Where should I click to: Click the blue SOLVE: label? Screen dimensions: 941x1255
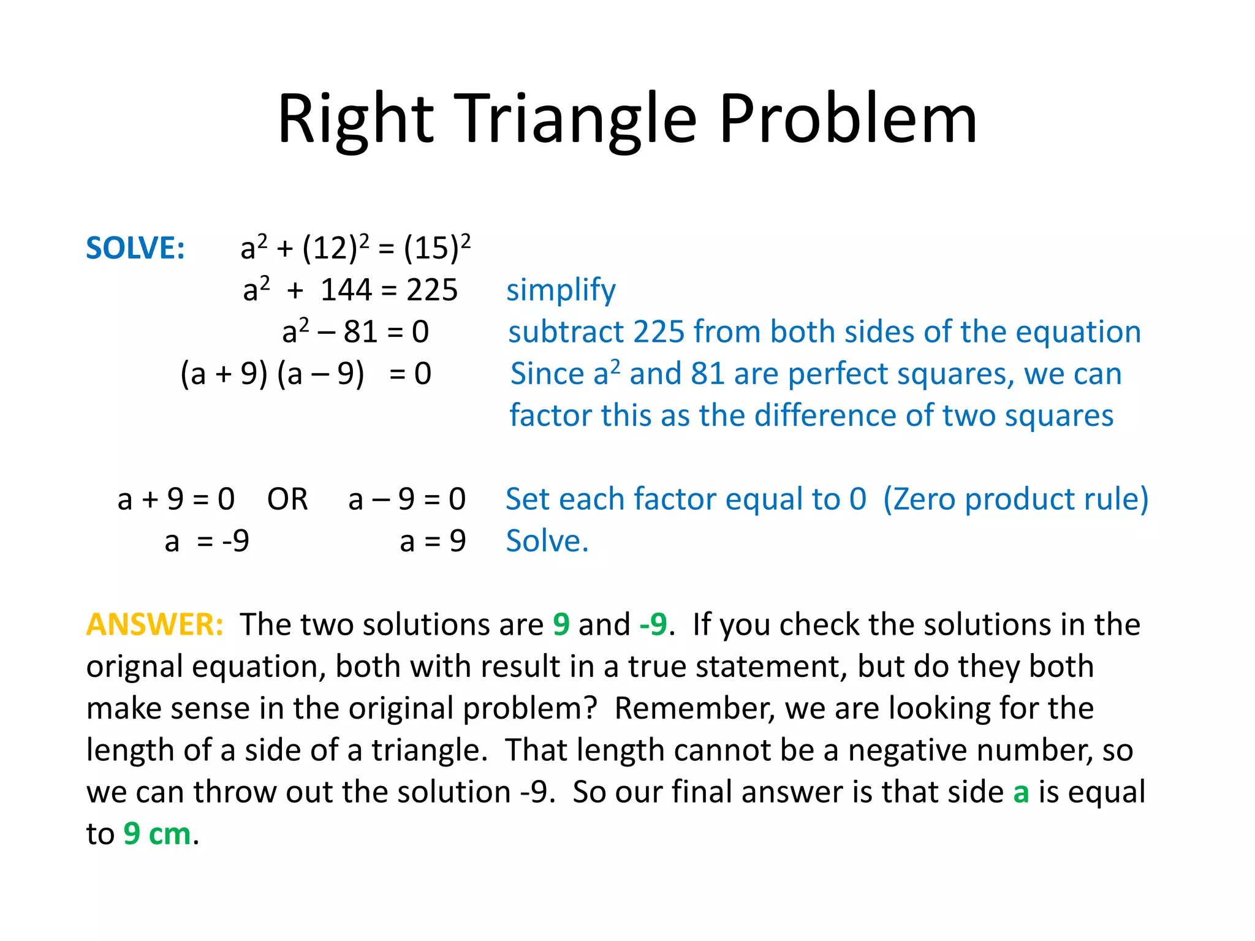(x=135, y=248)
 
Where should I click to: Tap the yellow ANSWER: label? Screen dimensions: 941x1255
(x=154, y=624)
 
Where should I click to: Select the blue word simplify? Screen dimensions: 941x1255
(x=561, y=290)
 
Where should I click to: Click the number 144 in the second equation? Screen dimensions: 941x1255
(x=346, y=290)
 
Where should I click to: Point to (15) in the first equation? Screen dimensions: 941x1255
(x=431, y=249)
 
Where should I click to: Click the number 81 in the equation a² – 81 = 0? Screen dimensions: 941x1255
(x=361, y=332)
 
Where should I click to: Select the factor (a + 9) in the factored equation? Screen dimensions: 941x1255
(x=224, y=374)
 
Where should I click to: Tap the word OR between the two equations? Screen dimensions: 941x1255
(x=287, y=499)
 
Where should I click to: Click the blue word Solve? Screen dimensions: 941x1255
(x=546, y=542)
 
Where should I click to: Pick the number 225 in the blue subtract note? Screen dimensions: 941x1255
(x=658, y=332)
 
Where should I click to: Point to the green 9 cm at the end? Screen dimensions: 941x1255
(x=157, y=834)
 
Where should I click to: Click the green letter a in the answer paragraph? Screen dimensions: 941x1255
(x=1020, y=792)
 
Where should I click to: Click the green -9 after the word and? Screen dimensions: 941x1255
(x=653, y=624)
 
